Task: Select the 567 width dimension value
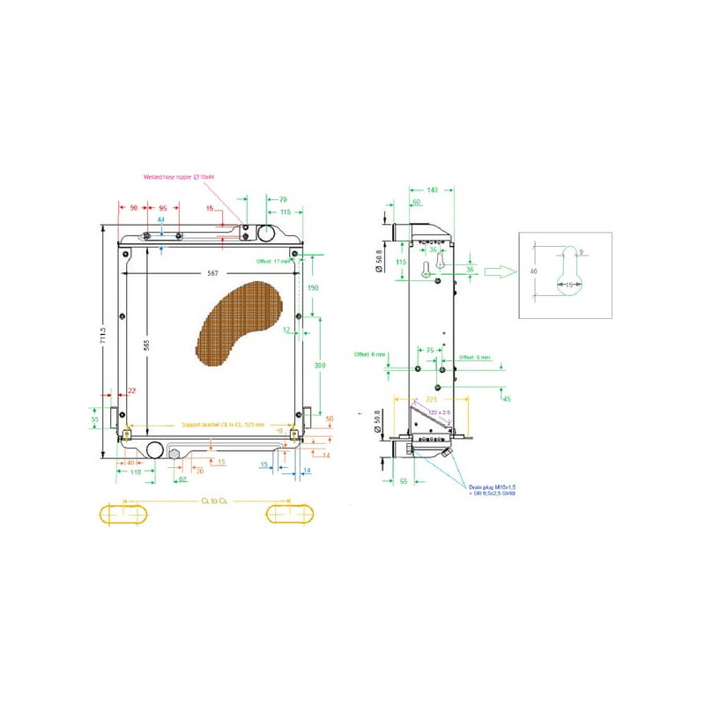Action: (x=213, y=273)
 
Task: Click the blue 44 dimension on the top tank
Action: (x=160, y=219)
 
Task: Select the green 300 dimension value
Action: (x=322, y=364)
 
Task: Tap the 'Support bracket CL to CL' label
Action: (x=223, y=425)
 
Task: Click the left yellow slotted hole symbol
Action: (x=124, y=513)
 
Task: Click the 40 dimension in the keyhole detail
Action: (x=534, y=271)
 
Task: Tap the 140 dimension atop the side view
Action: (x=432, y=190)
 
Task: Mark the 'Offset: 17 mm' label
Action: (x=273, y=262)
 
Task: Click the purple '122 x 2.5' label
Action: (x=438, y=412)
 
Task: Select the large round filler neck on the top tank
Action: (x=267, y=233)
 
